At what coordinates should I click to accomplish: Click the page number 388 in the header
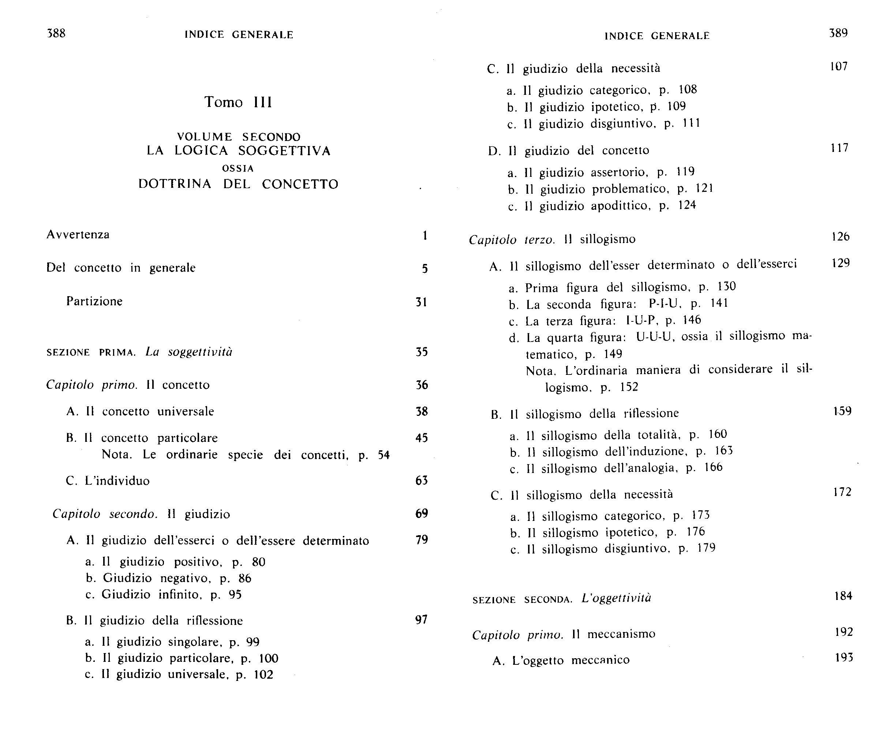[56, 33]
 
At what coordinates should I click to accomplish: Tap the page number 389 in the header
[838, 33]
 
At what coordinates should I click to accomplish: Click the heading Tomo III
[238, 102]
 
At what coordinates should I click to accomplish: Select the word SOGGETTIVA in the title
[284, 151]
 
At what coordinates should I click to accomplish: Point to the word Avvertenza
[78, 235]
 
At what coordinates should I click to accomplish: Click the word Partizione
[94, 301]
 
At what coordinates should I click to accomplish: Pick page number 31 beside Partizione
[421, 302]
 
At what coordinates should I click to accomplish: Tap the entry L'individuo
[117, 481]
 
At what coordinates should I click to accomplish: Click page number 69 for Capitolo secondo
[421, 514]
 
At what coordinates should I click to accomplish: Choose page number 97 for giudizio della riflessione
[421, 620]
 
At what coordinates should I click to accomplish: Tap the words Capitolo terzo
[512, 240]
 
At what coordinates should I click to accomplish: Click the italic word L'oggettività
[616, 598]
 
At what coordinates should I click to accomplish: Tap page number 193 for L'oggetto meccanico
[843, 658]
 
